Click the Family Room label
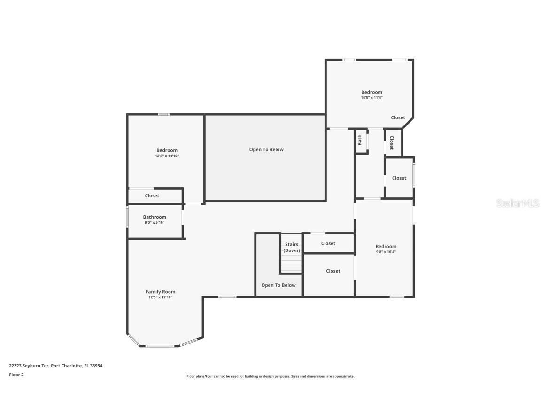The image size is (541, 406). click(160, 292)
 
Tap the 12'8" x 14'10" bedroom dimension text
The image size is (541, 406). click(167, 156)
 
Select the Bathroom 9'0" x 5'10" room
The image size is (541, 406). click(155, 219)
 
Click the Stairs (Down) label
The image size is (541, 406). click(292, 247)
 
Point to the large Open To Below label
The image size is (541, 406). click(266, 150)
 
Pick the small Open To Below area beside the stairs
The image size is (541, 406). click(278, 285)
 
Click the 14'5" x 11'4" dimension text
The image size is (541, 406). click(371, 98)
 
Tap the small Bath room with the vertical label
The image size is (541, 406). click(360, 141)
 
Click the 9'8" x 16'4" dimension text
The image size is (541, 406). click(386, 252)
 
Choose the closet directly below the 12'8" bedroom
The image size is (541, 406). click(152, 195)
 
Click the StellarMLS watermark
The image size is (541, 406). click(518, 203)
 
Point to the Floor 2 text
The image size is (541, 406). click(16, 375)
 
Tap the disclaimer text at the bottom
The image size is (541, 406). click(270, 376)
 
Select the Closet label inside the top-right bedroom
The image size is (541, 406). click(398, 118)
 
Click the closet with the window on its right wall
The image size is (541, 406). click(399, 178)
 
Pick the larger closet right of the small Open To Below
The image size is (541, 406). click(333, 271)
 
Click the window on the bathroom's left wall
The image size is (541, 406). click(127, 218)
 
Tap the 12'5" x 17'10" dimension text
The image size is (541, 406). click(160, 297)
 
